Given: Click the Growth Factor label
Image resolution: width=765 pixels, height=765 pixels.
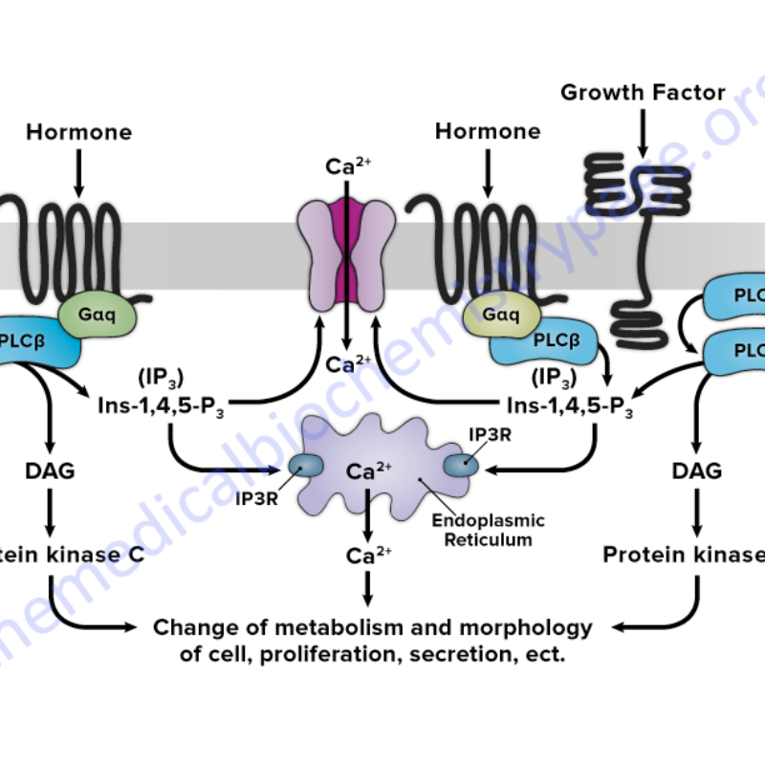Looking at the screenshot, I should coord(642,93).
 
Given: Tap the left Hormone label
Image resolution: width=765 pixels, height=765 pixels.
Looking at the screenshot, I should coord(78,131).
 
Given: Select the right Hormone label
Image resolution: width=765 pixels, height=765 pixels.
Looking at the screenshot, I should coord(488,131).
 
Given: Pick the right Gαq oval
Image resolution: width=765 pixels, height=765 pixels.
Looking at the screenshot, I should coord(500,312).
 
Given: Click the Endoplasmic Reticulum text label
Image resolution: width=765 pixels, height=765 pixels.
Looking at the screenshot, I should coord(489,530).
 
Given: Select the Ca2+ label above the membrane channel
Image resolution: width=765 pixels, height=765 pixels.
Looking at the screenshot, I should coord(349,167).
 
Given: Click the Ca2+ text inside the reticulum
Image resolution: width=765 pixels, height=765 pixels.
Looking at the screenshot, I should coord(369,471).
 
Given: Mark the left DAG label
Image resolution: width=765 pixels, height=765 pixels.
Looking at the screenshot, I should coord(51,470).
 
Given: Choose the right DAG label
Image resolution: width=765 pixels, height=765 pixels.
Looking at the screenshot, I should coord(697,470).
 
